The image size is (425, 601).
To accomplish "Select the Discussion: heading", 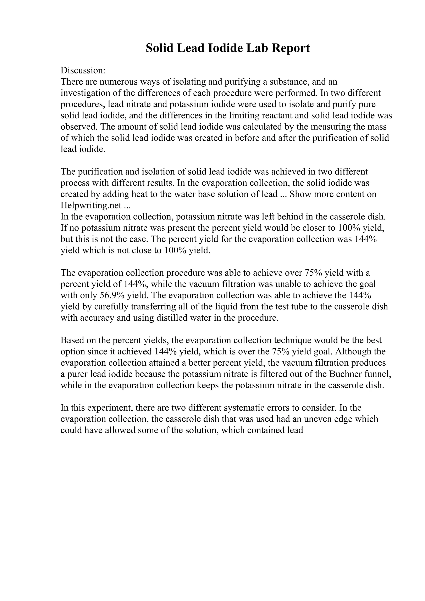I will (x=83, y=71).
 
